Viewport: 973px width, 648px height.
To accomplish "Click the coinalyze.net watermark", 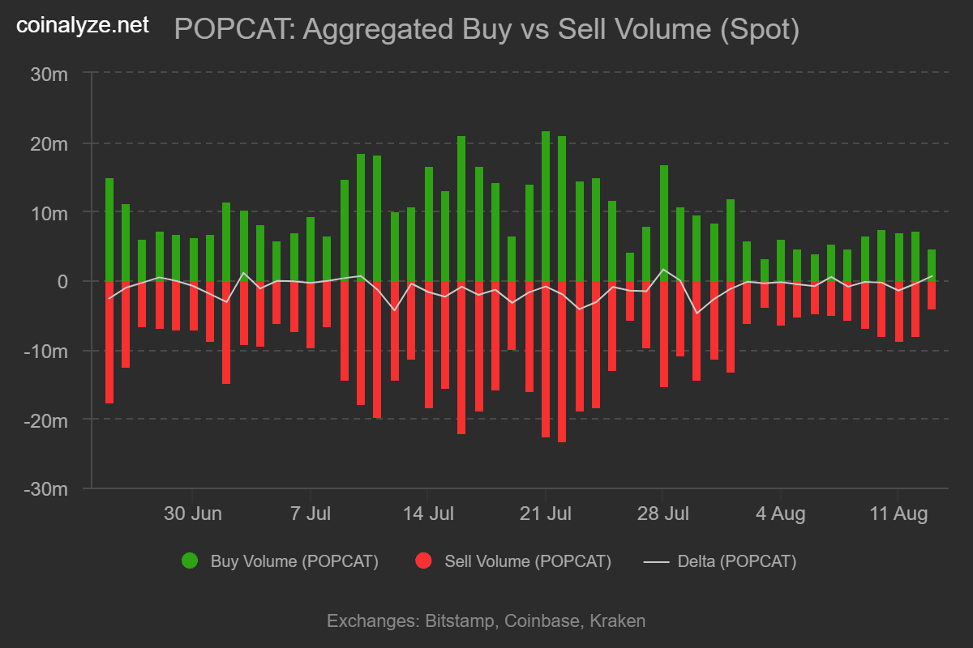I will pyautogui.click(x=84, y=25).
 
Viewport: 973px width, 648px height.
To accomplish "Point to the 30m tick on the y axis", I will pyautogui.click(x=50, y=74).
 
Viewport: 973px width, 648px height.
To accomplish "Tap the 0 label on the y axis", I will pyautogui.click(x=62, y=281).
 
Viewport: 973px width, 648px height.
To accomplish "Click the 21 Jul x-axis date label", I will pyautogui.click(x=546, y=514).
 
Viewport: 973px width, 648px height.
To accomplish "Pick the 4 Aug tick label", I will pyautogui.click(x=781, y=514).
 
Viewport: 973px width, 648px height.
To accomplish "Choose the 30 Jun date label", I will pyautogui.click(x=193, y=514).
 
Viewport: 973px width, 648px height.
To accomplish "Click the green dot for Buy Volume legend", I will pyautogui.click(x=190, y=561).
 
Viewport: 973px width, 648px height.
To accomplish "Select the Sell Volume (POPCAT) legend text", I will pyautogui.click(x=528, y=561).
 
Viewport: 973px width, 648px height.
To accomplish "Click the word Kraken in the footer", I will pyautogui.click(x=617, y=621).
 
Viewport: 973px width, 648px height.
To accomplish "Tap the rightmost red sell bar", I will pyautogui.click(x=932, y=295).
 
